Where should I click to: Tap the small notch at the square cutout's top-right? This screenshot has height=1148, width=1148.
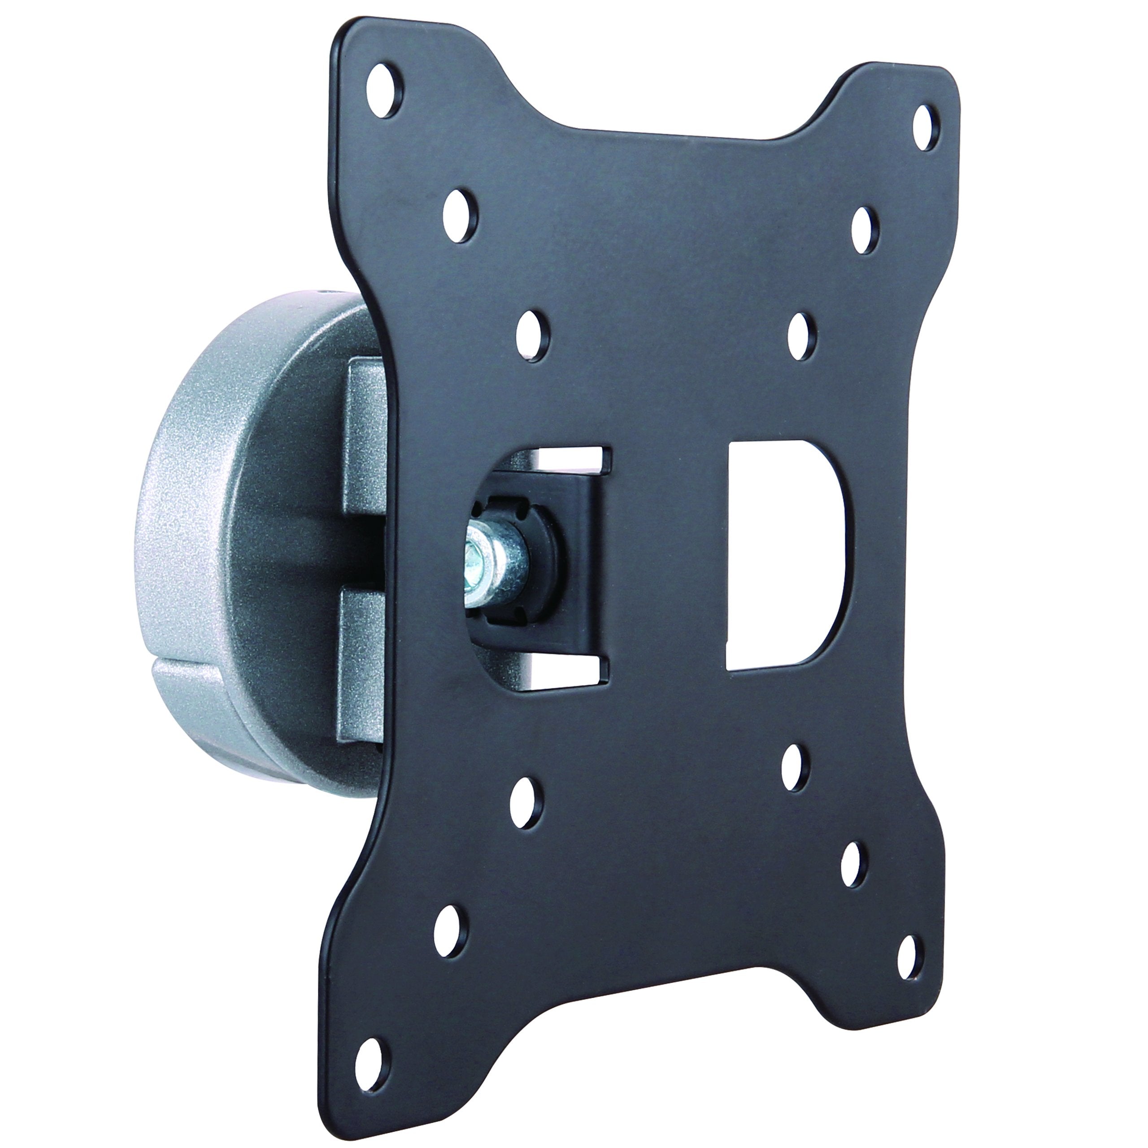[605, 458]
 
